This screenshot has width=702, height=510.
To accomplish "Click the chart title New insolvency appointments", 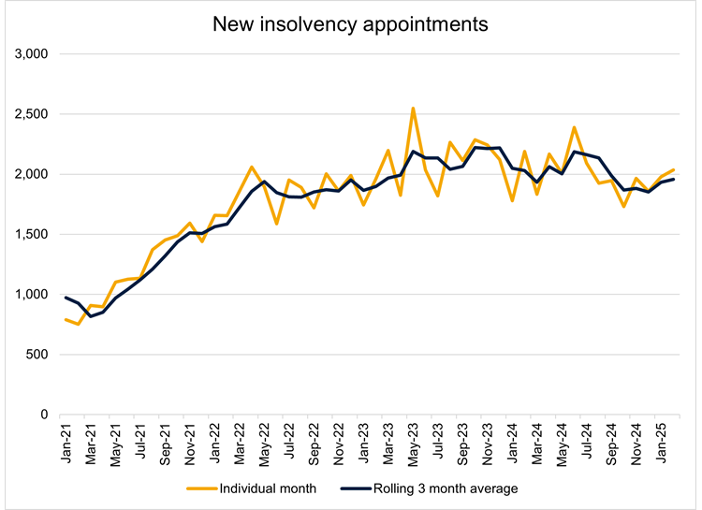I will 350,24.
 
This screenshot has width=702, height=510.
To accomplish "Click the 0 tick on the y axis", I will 44,415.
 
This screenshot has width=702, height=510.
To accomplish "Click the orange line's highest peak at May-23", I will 413,108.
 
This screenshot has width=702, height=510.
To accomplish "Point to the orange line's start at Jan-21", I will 66,319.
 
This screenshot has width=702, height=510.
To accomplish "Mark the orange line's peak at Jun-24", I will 574,127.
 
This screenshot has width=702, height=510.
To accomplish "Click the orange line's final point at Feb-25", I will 673,169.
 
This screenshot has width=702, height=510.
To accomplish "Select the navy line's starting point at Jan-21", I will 66,297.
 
